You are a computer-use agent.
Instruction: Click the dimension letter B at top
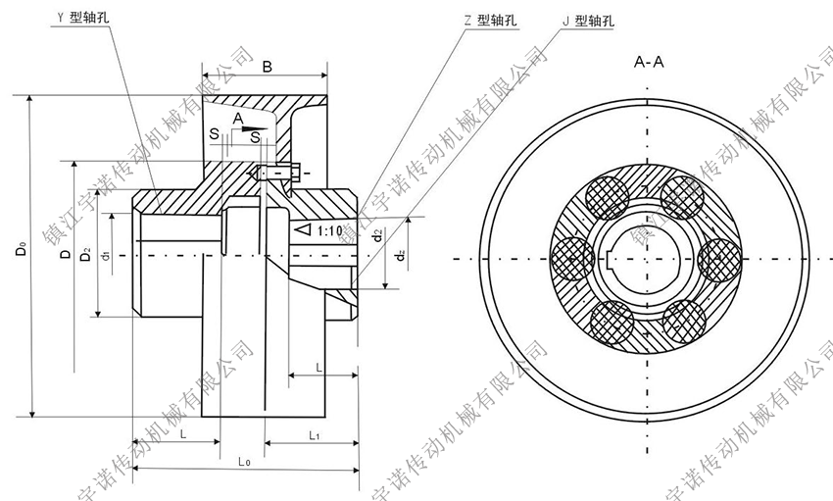[x=267, y=66]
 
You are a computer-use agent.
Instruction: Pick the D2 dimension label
[x=86, y=257]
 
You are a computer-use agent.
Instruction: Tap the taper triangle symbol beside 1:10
[x=303, y=229]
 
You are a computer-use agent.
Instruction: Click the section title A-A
[x=649, y=63]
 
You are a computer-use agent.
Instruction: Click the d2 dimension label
[x=378, y=235]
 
